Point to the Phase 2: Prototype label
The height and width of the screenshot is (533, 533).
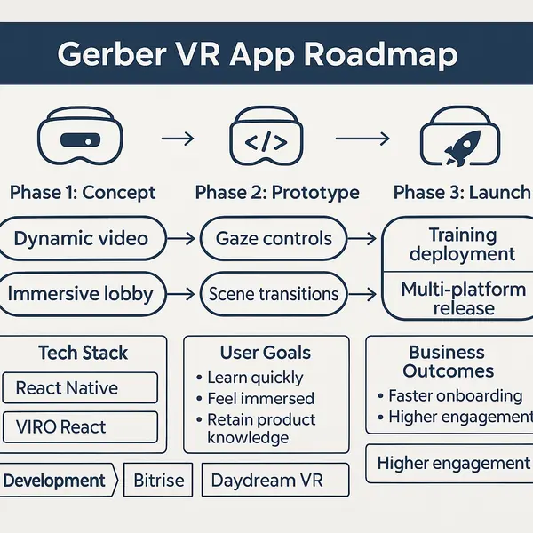click(x=277, y=193)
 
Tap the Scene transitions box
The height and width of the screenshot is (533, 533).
click(x=273, y=293)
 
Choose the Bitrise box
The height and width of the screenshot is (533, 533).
click(x=158, y=481)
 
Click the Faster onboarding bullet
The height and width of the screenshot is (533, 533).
click(x=455, y=395)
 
